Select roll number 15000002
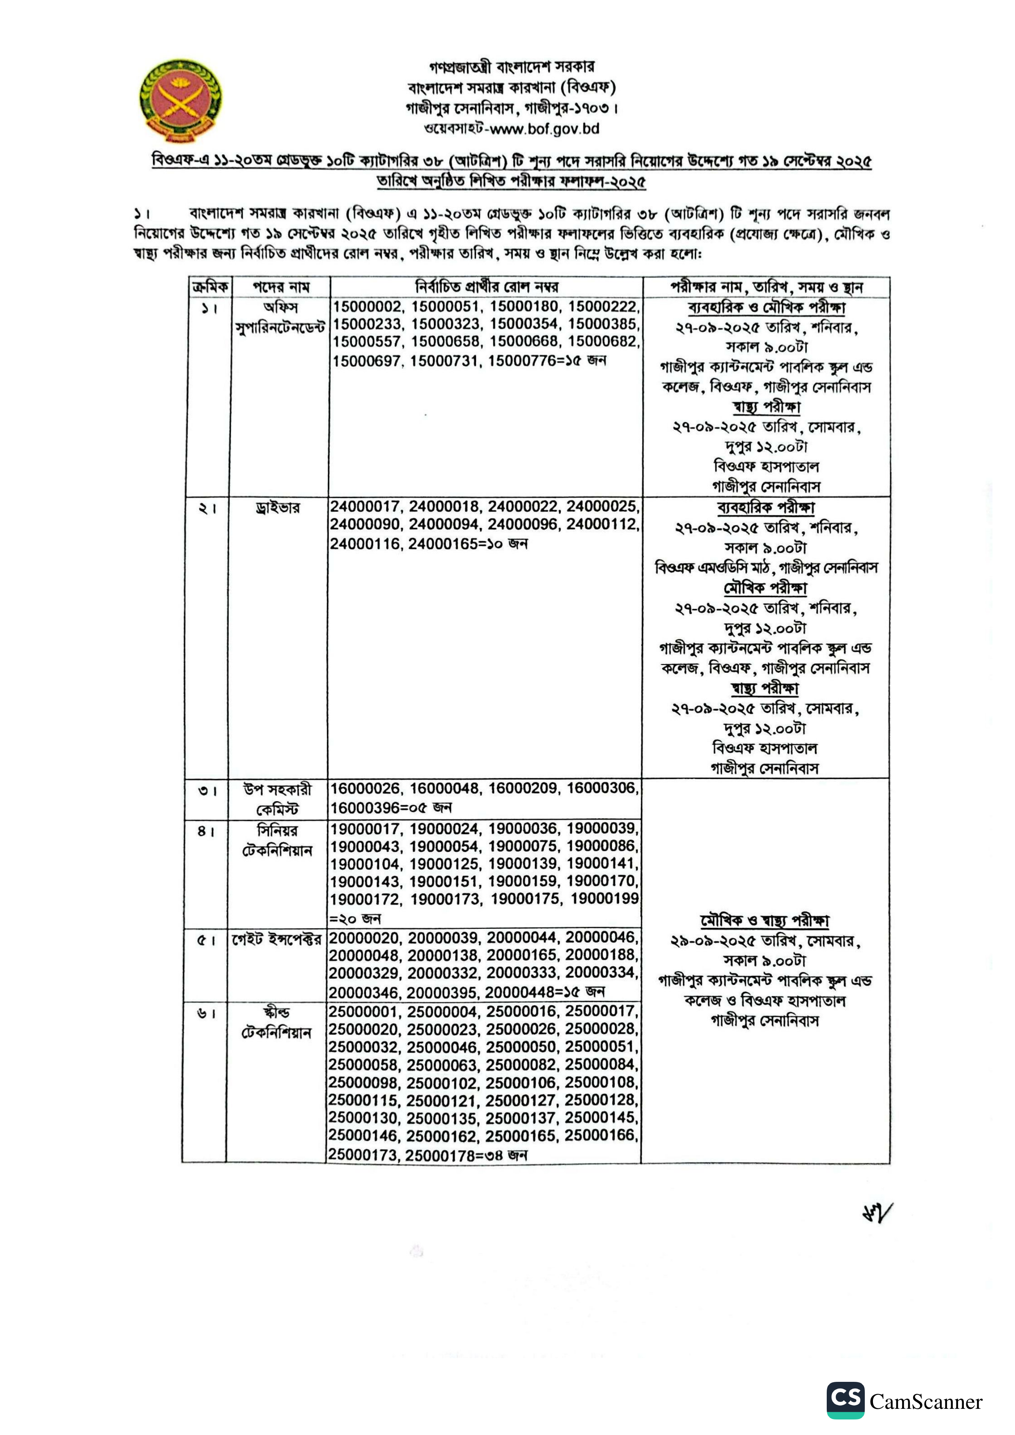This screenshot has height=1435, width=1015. [x=368, y=307]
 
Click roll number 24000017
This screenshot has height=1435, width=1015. [x=366, y=506]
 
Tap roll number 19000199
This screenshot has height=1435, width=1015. [x=604, y=899]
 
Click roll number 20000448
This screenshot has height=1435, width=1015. [x=523, y=992]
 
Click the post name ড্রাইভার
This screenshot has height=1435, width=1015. [x=277, y=508]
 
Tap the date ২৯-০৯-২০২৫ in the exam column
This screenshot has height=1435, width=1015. [x=715, y=941]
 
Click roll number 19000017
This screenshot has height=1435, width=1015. [x=366, y=829]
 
